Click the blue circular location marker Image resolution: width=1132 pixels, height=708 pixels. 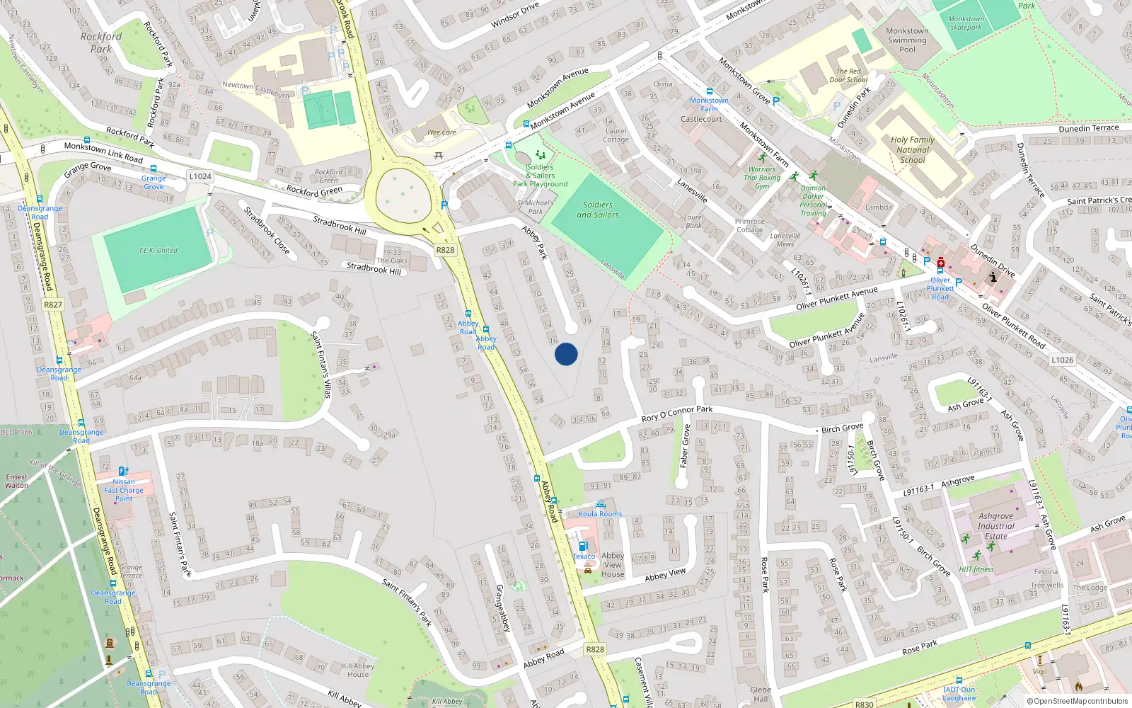point(566,354)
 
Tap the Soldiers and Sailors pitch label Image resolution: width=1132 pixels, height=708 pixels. point(598,210)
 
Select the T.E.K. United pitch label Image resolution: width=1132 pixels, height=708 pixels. point(158,250)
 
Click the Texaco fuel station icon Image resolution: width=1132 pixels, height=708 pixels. point(583,547)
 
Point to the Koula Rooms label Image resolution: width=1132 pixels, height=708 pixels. point(600,514)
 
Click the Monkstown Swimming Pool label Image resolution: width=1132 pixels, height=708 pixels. point(907,40)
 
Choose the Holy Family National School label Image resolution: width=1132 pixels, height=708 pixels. point(913,149)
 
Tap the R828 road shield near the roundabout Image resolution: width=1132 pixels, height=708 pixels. point(445,250)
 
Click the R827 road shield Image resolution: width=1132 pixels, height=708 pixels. point(53,304)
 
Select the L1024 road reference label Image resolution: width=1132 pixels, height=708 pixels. point(200,176)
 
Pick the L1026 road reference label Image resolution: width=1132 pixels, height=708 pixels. point(1062,360)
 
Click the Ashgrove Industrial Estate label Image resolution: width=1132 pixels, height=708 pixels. point(995,526)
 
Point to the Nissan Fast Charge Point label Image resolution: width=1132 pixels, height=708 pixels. point(123,490)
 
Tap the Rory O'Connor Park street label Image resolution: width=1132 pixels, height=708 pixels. point(677,413)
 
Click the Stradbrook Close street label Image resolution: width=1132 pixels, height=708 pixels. point(266,230)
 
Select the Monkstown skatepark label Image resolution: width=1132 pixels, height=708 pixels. point(966,23)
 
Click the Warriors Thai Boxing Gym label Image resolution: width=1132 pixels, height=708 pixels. point(762,178)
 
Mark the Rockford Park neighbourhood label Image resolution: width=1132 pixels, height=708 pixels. point(100,42)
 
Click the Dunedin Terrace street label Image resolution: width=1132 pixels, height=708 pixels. point(1089,128)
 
